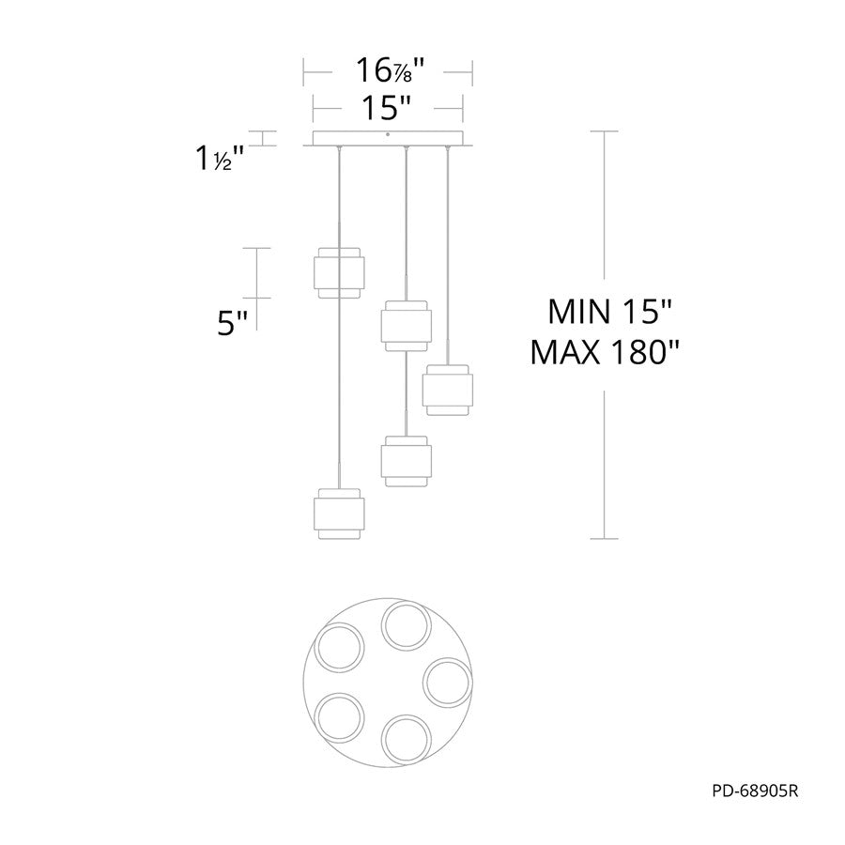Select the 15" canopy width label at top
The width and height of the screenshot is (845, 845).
click(387, 108)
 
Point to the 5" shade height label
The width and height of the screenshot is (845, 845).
click(232, 325)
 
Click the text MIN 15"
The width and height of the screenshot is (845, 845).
click(610, 312)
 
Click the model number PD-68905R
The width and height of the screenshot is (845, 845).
click(755, 791)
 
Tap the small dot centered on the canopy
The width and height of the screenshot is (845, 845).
click(388, 134)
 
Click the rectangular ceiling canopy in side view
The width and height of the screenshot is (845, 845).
click(388, 138)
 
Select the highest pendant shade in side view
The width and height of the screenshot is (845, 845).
click(339, 272)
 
